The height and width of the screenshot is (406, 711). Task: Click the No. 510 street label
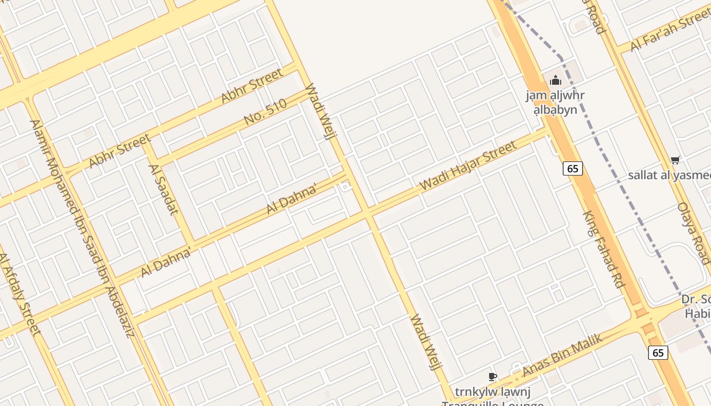pyautogui.click(x=266, y=112)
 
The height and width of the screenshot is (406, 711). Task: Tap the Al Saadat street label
pyautogui.click(x=163, y=189)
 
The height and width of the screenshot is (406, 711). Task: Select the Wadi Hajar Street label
pyautogui.click(x=468, y=166)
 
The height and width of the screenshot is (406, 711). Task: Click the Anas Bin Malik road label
pyautogui.click(x=562, y=355)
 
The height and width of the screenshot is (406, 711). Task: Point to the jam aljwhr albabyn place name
pyautogui.click(x=555, y=102)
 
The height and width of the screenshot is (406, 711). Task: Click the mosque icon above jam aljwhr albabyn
pyautogui.click(x=555, y=80)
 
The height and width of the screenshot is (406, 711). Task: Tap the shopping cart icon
pyautogui.click(x=675, y=160)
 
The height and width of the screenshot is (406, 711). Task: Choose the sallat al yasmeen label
pyautogui.click(x=669, y=175)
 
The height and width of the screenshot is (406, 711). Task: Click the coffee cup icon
pyautogui.click(x=492, y=377)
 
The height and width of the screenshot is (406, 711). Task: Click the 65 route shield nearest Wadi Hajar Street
pyautogui.click(x=572, y=168)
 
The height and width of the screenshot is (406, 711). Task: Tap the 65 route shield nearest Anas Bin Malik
pyautogui.click(x=658, y=352)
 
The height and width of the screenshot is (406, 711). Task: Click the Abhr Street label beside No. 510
pyautogui.click(x=252, y=86)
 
